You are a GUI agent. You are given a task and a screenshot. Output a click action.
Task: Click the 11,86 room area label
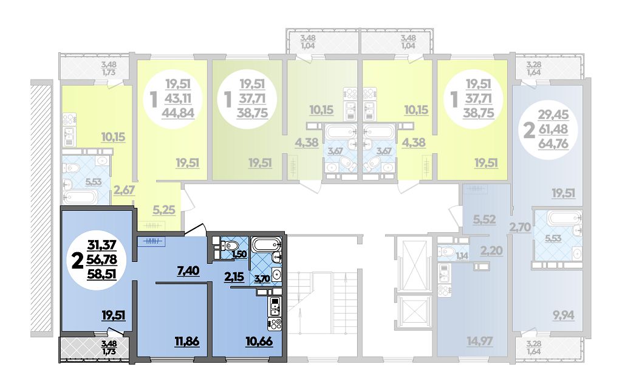186,341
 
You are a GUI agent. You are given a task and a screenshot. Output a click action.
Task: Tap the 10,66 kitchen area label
259,341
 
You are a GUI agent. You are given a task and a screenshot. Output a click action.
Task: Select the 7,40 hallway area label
188,272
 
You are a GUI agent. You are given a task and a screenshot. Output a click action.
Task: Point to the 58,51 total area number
103,273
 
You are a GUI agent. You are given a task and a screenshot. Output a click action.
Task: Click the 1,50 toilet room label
239,255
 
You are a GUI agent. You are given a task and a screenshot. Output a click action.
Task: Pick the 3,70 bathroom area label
262,278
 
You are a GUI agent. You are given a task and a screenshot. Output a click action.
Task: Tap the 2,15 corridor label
234,276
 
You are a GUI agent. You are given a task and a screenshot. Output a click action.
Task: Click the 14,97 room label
480,341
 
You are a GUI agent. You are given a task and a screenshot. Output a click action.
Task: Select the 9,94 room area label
563,316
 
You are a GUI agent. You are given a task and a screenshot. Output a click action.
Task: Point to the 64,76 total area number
553,143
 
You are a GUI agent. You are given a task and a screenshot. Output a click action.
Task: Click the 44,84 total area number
178,113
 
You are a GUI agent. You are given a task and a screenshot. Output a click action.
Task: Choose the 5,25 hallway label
164,210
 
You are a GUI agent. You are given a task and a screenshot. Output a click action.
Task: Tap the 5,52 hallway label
484,219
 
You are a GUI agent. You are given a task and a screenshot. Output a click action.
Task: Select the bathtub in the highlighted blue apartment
266,244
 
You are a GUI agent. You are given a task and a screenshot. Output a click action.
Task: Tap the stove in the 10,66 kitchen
275,324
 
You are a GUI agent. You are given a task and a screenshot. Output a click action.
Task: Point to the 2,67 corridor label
124,190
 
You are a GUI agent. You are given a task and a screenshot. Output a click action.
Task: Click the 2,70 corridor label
520,228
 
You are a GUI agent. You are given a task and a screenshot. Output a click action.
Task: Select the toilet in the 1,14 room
445,252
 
